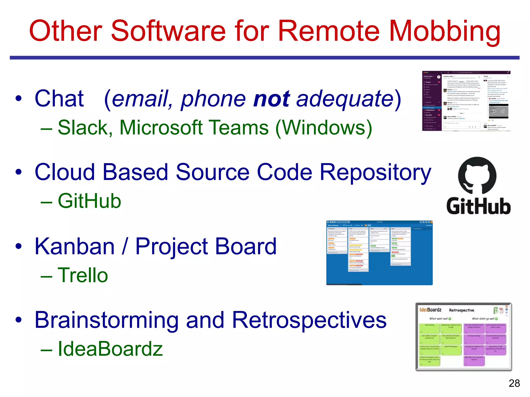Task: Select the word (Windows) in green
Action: [x=323, y=128]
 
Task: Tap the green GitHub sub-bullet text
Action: [x=89, y=201]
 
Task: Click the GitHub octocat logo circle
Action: [x=477, y=176]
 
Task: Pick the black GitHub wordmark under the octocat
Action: [x=479, y=206]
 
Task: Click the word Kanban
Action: [x=75, y=247]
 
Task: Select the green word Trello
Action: [x=83, y=275]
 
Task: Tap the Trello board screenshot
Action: [x=379, y=253]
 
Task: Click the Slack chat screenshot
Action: [x=466, y=101]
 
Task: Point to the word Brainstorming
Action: [x=106, y=320]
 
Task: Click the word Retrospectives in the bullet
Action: [x=309, y=320]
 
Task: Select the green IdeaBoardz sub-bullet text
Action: [x=110, y=349]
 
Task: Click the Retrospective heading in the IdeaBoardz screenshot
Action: [x=461, y=310]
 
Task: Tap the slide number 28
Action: [x=514, y=383]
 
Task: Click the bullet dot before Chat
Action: [x=18, y=98]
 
